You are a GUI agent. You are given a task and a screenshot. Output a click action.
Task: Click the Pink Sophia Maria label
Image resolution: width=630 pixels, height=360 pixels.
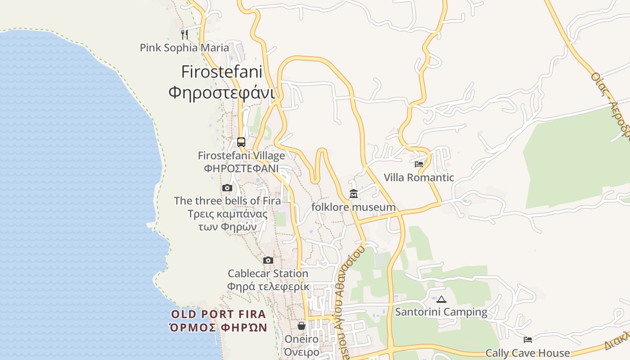click(x=184, y=48)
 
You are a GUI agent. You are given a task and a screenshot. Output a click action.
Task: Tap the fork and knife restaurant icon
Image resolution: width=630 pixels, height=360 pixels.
click(x=184, y=34)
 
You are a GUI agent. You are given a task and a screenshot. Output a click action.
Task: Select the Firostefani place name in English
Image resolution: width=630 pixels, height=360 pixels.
click(x=222, y=72)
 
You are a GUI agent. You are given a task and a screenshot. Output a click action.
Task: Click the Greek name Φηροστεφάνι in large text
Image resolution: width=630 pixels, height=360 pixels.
click(x=221, y=92)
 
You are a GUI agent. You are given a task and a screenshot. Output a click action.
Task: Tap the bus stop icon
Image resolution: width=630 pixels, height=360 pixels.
click(x=241, y=142)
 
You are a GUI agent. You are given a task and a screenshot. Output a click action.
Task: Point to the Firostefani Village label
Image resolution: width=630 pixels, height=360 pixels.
click(x=241, y=156)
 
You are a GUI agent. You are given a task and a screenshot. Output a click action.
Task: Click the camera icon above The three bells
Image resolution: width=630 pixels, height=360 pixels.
click(x=227, y=188)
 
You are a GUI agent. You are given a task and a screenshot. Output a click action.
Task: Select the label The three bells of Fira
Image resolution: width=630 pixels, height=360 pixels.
click(x=227, y=201)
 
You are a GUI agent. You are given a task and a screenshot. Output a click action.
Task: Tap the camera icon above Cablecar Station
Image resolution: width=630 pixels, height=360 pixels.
click(x=268, y=260)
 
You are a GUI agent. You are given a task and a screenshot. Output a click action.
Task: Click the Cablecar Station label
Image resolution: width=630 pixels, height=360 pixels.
click(x=268, y=274)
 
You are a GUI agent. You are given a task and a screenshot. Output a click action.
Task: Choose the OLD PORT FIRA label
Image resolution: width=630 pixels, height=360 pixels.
click(x=219, y=314)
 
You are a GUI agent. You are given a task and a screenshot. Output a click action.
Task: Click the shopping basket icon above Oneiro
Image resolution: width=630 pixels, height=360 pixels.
click(x=301, y=325)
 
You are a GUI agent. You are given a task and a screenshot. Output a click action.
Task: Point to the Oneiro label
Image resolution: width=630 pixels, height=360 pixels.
click(x=301, y=339)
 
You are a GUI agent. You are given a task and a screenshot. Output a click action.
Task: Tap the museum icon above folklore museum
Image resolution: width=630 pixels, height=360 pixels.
click(x=353, y=194)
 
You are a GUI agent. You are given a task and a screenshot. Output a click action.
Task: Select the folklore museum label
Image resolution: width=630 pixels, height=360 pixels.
click(x=353, y=207)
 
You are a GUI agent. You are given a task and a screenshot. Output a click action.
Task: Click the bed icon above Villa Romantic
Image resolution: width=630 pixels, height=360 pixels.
click(x=419, y=164)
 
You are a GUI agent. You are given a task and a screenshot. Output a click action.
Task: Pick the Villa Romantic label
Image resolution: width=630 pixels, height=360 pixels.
click(x=419, y=178)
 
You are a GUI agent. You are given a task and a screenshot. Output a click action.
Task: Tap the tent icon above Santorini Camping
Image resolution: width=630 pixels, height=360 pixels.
click(x=441, y=299)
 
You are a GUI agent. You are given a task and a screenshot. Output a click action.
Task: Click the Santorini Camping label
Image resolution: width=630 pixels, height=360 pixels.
click(x=441, y=312)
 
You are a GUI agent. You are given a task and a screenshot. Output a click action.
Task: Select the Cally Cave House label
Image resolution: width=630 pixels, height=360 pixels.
click(x=527, y=353)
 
